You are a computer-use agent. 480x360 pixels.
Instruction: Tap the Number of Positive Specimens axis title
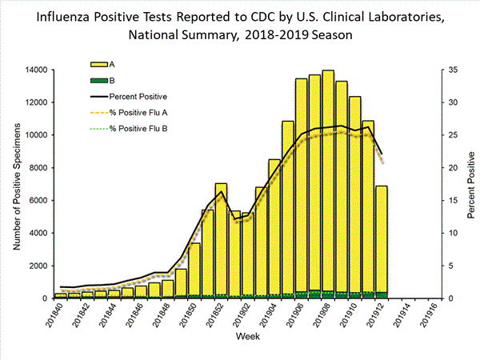(15, 185)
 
